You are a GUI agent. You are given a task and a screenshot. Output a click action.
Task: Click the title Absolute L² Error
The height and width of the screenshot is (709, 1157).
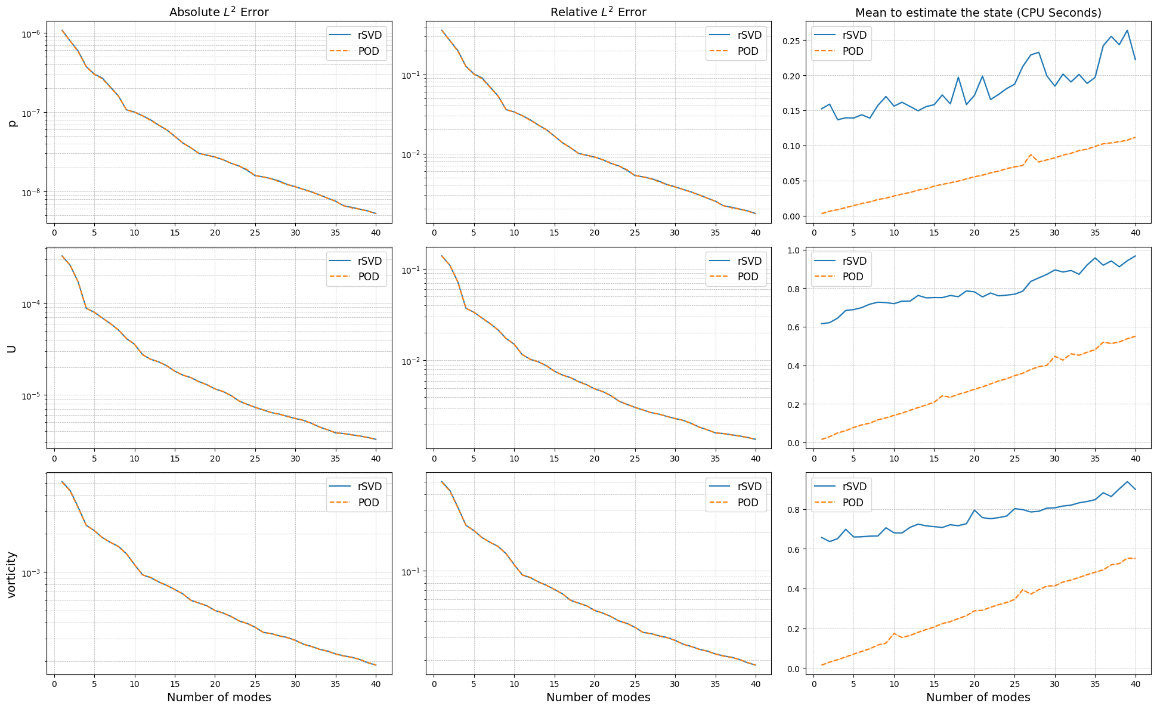[x=219, y=13]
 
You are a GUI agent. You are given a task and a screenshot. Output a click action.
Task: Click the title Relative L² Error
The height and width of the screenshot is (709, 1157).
[x=598, y=13]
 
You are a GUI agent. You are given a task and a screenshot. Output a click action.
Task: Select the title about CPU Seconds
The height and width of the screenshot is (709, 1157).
[x=978, y=13]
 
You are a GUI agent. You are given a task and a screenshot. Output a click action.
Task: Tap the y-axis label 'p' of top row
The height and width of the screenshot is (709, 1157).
[x=12, y=122]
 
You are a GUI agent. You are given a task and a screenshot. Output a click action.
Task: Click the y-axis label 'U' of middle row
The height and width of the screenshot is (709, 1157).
[x=12, y=348]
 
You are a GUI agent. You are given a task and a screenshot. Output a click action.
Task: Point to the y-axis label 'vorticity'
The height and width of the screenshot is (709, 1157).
[x=12, y=574]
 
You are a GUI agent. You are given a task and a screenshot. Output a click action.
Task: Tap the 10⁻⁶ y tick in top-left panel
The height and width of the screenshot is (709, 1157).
[x=30, y=34]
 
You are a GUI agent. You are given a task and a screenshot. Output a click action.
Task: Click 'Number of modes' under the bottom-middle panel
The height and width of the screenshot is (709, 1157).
[x=598, y=697]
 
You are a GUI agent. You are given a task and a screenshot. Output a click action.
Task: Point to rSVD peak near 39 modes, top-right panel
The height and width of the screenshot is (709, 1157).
[x=1127, y=30]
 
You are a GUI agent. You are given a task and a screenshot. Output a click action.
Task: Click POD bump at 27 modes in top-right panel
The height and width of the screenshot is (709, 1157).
[x=1031, y=154]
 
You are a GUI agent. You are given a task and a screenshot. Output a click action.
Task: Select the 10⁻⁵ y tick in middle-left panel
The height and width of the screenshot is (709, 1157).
[x=30, y=396]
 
